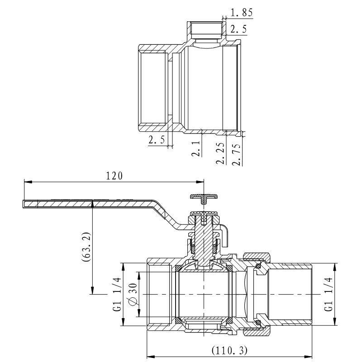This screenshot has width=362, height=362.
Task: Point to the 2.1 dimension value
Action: coord(196,148)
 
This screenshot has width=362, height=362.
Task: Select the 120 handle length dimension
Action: coord(114,176)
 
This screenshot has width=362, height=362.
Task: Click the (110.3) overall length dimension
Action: coord(230,350)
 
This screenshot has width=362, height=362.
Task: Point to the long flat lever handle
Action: coord(90,204)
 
